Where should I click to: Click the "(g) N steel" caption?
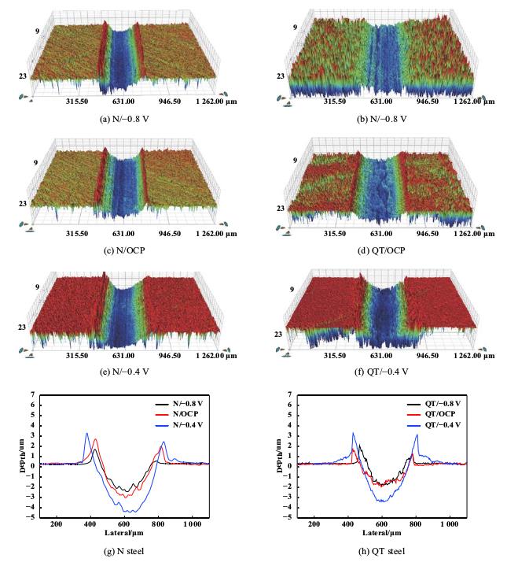(x=126, y=550)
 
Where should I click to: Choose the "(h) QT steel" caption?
(x=381, y=550)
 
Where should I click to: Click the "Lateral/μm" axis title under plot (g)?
(x=125, y=533)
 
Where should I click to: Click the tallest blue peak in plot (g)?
(x=87, y=433)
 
